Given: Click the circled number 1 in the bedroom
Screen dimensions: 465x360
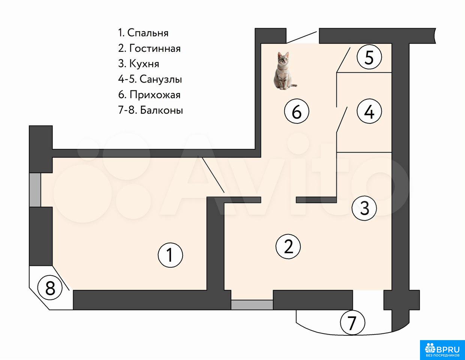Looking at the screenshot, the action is (x=170, y=255).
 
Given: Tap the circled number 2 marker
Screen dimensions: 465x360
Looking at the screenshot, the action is (x=288, y=247).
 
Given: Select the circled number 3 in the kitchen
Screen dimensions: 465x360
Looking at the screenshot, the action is (x=364, y=208).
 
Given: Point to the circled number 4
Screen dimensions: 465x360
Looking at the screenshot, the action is (x=369, y=111).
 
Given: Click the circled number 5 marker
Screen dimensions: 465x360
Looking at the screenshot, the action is (x=369, y=57).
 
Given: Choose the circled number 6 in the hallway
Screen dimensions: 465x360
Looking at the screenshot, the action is (x=297, y=111).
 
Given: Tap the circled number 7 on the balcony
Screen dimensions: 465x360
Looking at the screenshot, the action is (x=352, y=322).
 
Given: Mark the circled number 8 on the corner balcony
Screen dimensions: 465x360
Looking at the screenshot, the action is (x=50, y=288).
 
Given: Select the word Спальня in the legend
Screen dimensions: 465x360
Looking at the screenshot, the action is (x=148, y=33).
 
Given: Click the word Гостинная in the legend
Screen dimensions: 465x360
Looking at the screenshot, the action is (x=155, y=48).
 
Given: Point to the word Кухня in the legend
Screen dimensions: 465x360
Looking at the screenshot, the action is (x=144, y=64).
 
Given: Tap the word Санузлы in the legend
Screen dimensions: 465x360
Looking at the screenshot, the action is (x=161, y=79).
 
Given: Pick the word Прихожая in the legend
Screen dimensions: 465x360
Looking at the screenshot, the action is (x=155, y=95).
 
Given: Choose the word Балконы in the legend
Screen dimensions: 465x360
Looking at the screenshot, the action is (x=162, y=110).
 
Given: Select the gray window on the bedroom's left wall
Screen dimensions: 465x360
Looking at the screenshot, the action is (x=35, y=190).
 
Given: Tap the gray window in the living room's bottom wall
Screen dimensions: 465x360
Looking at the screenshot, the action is (x=252, y=304).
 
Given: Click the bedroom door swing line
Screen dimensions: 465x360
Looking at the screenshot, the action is (x=211, y=174).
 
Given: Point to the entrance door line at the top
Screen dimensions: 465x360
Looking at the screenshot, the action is (x=301, y=37).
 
